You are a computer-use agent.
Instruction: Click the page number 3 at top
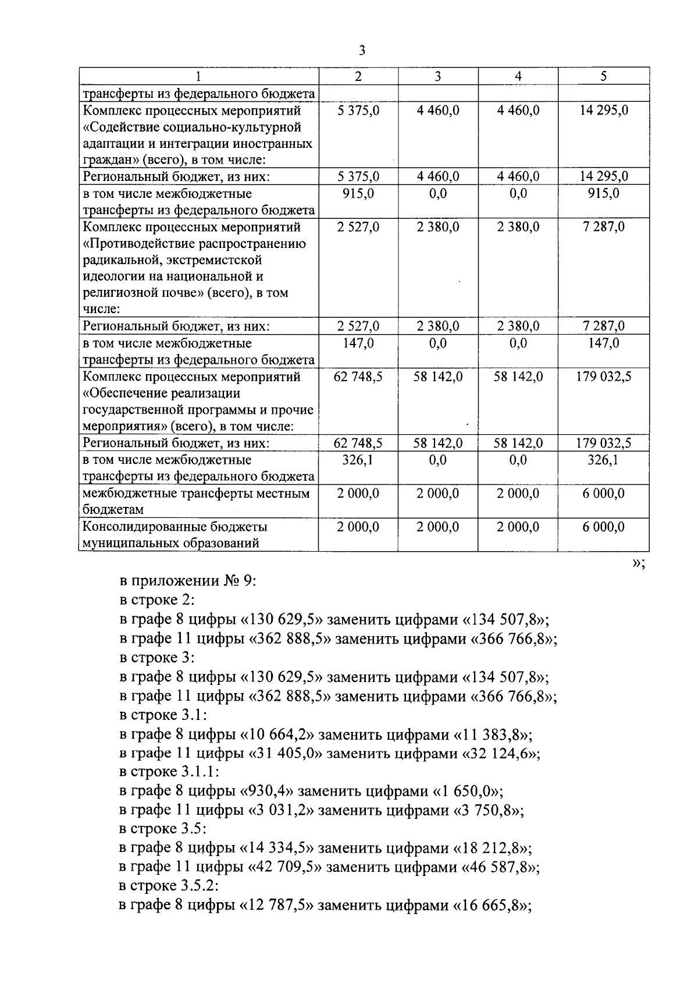click(x=362, y=51)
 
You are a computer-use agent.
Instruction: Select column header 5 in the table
click(x=603, y=76)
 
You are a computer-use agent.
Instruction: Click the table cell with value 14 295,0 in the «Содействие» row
click(x=603, y=110)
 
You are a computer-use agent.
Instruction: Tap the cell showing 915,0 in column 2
click(x=358, y=193)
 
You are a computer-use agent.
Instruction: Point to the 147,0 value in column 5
click(x=603, y=343)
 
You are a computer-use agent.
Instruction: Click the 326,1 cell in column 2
click(x=358, y=460)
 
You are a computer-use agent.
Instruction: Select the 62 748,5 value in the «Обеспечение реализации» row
click(x=358, y=377)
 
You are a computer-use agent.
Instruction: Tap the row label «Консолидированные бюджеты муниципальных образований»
click(x=175, y=535)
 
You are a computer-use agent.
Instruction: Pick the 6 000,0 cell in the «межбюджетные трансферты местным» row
click(x=603, y=494)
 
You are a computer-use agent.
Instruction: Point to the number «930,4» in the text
click(x=268, y=791)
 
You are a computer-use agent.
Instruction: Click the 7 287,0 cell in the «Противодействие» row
click(x=603, y=227)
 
